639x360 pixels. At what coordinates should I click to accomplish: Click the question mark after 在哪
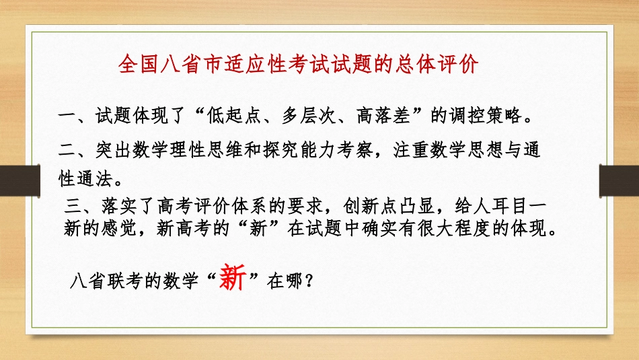[x=309, y=282]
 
